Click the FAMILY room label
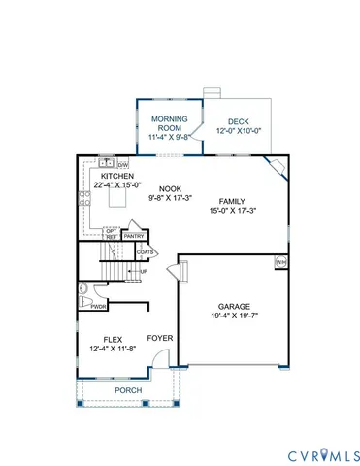pos(232,200)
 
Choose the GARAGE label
pos(235,304)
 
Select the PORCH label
pos(127,390)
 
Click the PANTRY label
pos(134,235)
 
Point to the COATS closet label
pos(146,252)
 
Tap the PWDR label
pos(98,307)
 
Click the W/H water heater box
pos(281,262)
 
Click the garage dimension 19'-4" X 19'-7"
pos(235,315)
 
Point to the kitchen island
pos(120,200)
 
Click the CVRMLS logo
pos(323,454)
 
